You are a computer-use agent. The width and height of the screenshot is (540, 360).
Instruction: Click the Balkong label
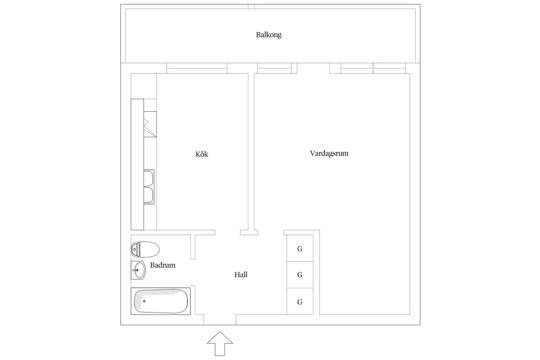(x=269, y=35)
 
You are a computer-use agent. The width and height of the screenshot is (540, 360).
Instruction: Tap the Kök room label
(x=202, y=154)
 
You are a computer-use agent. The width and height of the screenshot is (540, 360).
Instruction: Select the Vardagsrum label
(x=329, y=153)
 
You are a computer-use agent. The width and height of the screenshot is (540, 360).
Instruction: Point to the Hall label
(x=241, y=275)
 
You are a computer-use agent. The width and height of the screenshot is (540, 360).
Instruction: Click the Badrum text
(x=163, y=265)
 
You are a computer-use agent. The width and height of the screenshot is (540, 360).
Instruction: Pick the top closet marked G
(x=300, y=249)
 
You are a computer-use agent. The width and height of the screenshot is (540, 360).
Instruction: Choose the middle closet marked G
(x=300, y=275)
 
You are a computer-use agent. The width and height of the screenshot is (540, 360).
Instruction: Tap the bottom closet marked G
(x=300, y=302)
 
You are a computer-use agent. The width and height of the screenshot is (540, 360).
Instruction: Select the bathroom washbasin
(x=138, y=270)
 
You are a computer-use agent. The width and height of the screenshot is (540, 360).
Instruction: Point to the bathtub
(x=161, y=301)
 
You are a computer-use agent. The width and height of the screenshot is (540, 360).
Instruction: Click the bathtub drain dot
(x=144, y=301)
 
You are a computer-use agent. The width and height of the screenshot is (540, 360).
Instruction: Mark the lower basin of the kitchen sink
(x=149, y=195)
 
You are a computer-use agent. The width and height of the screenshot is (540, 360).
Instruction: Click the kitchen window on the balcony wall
(x=197, y=68)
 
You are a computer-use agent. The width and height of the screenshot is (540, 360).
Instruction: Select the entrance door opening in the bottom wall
(x=220, y=320)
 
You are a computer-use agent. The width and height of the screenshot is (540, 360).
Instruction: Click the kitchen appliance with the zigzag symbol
(x=150, y=124)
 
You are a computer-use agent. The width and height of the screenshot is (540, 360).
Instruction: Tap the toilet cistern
(x=135, y=249)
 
